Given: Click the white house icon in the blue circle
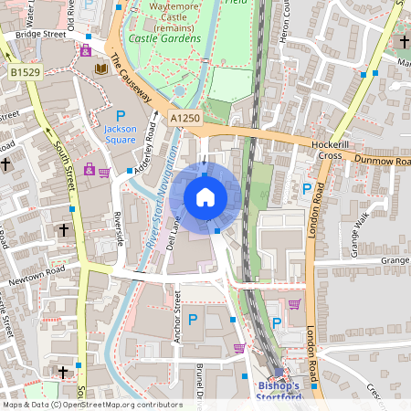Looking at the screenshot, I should [x=205, y=197].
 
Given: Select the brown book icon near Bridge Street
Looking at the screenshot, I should [x=100, y=68].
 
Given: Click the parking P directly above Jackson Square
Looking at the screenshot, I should [x=121, y=116].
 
